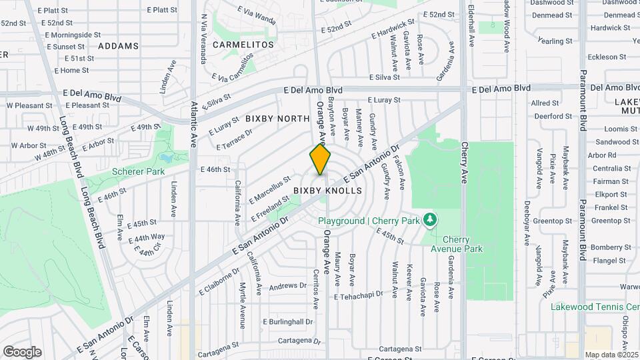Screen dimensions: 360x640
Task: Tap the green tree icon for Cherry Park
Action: pyautogui.click(x=431, y=219)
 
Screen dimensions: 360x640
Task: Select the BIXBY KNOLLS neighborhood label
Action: pyautogui.click(x=327, y=191)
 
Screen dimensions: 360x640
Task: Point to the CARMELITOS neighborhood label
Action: pyautogui.click(x=243, y=45)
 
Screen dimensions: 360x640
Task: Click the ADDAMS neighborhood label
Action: pyautogui.click(x=118, y=46)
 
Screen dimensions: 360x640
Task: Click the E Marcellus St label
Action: pyautogui.click(x=269, y=189)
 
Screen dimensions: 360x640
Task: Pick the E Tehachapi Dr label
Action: pyautogui.click(x=359, y=294)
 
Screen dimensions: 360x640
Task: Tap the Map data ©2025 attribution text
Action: pyautogui.click(x=611, y=355)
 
